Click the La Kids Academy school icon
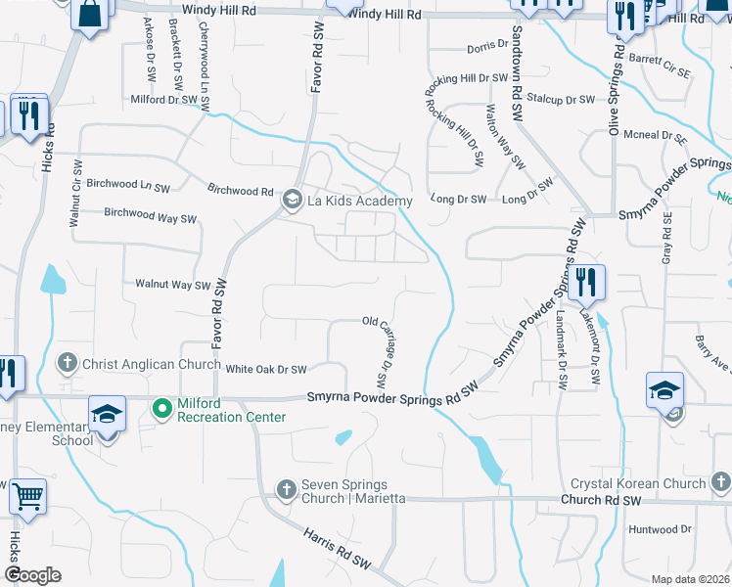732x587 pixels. [292, 201]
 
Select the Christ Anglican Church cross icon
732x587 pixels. [69, 364]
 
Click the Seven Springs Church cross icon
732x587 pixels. [287, 488]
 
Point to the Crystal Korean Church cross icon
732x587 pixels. [719, 481]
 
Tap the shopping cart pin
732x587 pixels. [27, 496]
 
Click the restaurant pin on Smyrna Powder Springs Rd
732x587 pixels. [586, 283]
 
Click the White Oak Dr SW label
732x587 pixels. [266, 370]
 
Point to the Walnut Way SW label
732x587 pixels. [173, 285]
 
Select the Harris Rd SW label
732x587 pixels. [339, 552]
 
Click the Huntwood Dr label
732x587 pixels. [660, 530]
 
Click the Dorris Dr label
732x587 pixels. [488, 46]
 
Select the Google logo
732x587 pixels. [32, 575]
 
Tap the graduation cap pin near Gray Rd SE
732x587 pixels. [664, 390]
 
